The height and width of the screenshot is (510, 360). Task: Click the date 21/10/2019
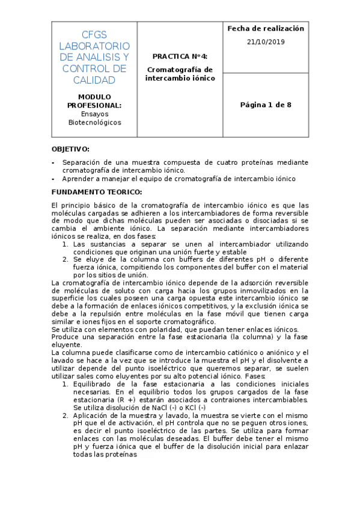click(x=266, y=42)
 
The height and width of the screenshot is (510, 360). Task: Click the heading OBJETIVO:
click(x=70, y=149)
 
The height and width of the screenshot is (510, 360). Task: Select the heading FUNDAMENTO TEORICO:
click(x=96, y=192)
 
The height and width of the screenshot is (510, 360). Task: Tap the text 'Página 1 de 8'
click(x=266, y=105)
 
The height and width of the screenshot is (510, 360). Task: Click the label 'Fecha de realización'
click(x=266, y=28)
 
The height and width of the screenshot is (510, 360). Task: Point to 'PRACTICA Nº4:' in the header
click(x=180, y=55)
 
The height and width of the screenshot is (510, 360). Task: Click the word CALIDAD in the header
click(x=94, y=80)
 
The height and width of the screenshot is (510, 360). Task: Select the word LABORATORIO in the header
click(x=94, y=46)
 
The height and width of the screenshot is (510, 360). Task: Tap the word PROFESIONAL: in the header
click(x=94, y=105)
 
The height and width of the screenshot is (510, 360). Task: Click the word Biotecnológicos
click(x=94, y=122)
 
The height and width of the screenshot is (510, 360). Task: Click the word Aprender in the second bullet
click(x=77, y=179)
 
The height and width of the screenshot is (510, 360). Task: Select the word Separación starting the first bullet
click(x=82, y=162)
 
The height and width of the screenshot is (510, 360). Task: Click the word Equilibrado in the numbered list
click(x=93, y=384)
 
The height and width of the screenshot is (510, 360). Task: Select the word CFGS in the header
click(x=94, y=34)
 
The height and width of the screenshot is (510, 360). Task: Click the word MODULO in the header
click(x=94, y=97)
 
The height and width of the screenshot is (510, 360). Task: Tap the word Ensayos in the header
click(x=94, y=114)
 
